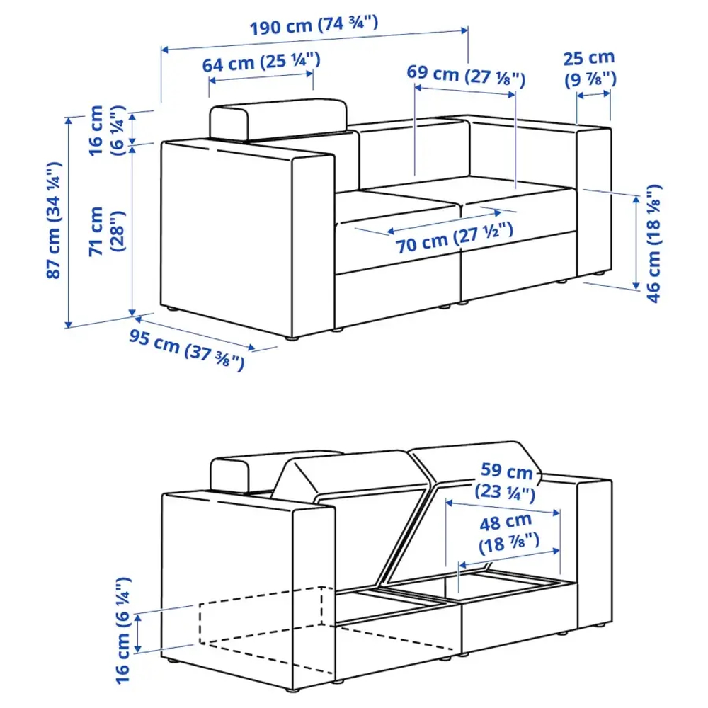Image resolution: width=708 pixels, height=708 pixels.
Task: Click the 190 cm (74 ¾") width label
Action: coord(314,27)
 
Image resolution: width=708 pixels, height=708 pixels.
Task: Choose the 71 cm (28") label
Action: coord(106,231)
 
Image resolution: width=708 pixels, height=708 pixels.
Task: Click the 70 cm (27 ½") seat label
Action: coord(454,239)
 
